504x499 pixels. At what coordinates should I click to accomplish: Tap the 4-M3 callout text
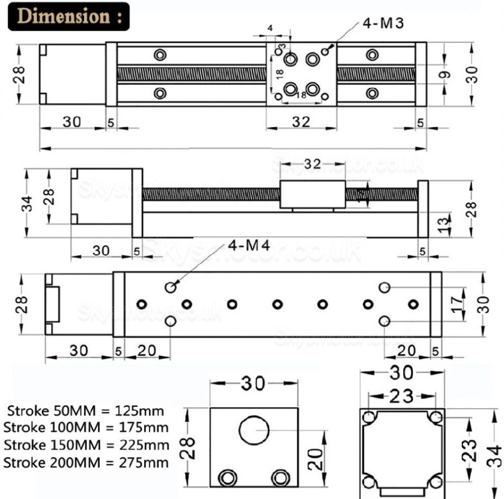point(383,24)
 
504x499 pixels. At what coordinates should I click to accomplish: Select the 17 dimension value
point(458,305)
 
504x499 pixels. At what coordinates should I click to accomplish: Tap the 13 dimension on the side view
point(444,223)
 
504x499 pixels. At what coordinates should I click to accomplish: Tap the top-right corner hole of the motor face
point(435,417)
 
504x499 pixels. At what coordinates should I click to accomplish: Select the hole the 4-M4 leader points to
point(171,288)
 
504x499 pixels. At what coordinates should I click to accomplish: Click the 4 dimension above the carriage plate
point(270,29)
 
